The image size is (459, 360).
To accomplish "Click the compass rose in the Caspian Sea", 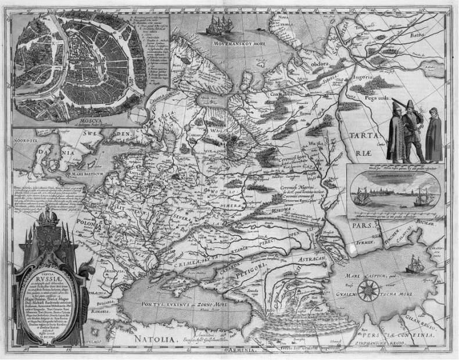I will pos(368,289).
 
